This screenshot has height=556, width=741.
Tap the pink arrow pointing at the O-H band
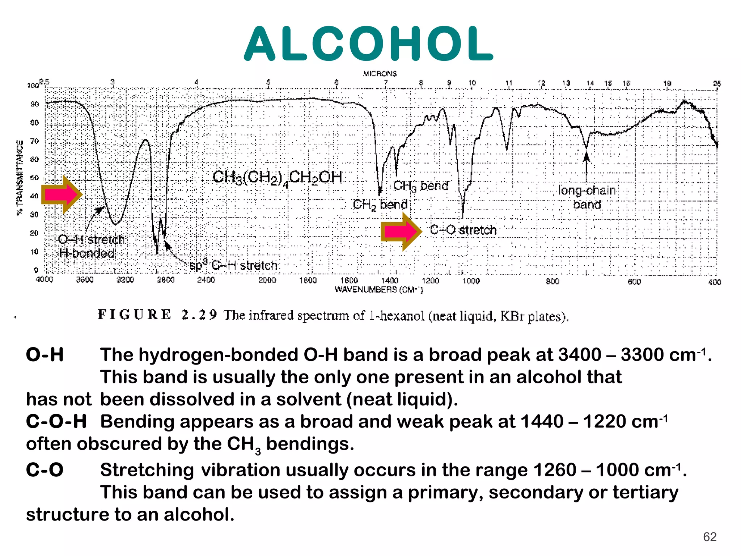[62, 195]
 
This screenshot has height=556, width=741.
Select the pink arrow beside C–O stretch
[401, 231]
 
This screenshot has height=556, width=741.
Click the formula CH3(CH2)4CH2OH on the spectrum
[277, 178]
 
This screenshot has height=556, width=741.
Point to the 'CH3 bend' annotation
[421, 186]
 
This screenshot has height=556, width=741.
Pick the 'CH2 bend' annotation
[380, 205]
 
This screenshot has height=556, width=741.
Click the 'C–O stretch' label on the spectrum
[463, 230]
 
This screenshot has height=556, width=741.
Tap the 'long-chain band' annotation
[587, 197]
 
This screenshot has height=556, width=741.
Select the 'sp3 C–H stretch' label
[233, 266]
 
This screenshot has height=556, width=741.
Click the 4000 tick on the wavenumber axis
[45, 280]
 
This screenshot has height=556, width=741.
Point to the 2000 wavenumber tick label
[267, 280]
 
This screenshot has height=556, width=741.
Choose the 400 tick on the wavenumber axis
[715, 282]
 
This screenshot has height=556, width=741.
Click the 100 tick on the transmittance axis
[33, 85]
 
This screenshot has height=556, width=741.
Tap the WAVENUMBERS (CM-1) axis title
[379, 290]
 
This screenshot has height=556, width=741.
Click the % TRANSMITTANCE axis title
[20, 178]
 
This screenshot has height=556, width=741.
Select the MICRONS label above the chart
[380, 74]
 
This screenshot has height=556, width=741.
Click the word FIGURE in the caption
[134, 315]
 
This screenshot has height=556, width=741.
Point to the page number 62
[710, 537]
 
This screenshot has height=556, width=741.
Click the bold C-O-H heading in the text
[56, 422]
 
